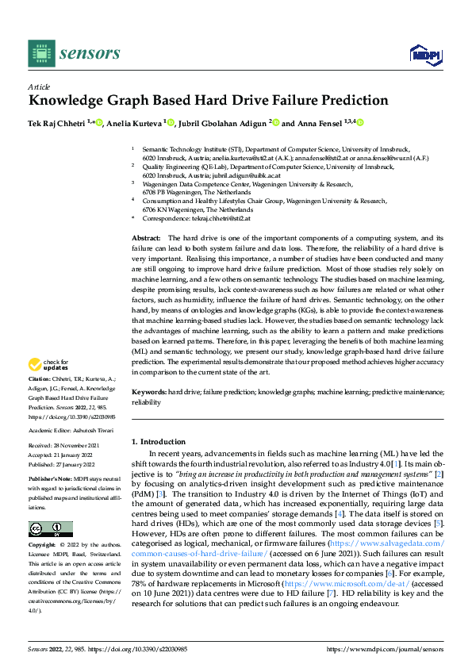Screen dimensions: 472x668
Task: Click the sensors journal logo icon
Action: (41, 53)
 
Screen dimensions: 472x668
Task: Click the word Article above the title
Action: (39, 86)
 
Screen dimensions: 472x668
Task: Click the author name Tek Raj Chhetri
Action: (59, 123)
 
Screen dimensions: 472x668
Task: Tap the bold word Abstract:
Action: (146, 238)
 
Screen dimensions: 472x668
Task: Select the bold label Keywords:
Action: (149, 393)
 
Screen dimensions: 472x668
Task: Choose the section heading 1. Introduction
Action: (158, 441)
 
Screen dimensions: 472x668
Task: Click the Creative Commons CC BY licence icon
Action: (50, 506)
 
